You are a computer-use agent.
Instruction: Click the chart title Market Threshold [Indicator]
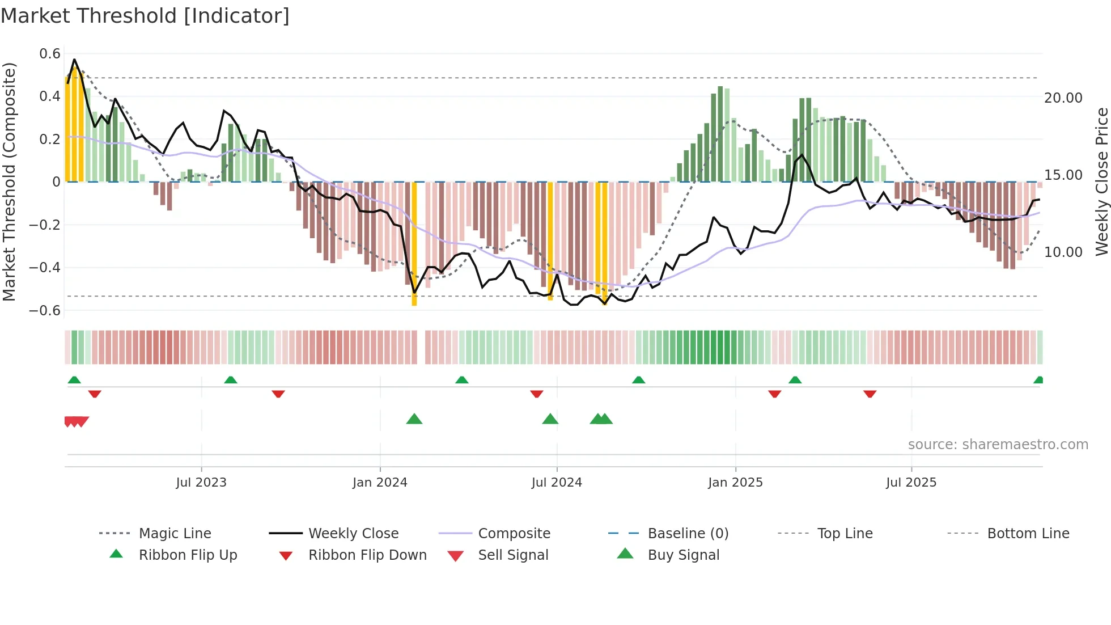[x=145, y=16]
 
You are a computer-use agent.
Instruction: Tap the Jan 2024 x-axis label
[x=380, y=483]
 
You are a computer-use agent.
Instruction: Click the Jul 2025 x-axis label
[x=911, y=483]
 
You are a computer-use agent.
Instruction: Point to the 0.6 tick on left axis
[x=50, y=54]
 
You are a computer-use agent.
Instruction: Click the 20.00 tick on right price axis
[x=1063, y=98]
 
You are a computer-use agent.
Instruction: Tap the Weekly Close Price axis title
[x=1101, y=181]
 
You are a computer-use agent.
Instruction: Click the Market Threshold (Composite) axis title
[x=9, y=181]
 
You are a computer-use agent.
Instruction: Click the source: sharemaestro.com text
[x=998, y=445]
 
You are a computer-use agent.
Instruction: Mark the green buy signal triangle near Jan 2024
[x=414, y=419]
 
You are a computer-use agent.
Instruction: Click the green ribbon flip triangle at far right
[x=1038, y=380]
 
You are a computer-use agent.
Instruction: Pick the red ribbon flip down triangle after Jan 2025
[x=774, y=394]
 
